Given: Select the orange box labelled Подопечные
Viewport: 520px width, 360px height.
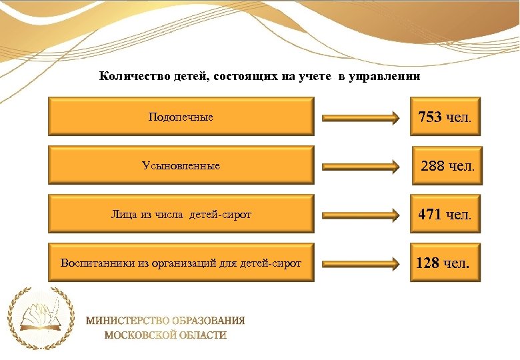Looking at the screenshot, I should [x=181, y=117].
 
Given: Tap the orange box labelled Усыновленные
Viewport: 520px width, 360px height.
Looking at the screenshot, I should [x=181, y=165].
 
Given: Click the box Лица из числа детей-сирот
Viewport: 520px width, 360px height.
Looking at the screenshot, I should [x=181, y=214].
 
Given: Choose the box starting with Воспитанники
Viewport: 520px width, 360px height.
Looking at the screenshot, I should [x=181, y=263].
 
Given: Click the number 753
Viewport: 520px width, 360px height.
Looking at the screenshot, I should [x=430, y=118].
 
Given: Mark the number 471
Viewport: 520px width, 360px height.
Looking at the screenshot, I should [x=430, y=215].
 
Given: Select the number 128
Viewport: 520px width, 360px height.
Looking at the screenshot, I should [x=427, y=263].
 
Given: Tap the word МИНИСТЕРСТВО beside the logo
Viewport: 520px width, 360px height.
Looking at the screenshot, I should [x=129, y=321].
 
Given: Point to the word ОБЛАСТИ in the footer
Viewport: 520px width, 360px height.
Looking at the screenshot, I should [x=203, y=335].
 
